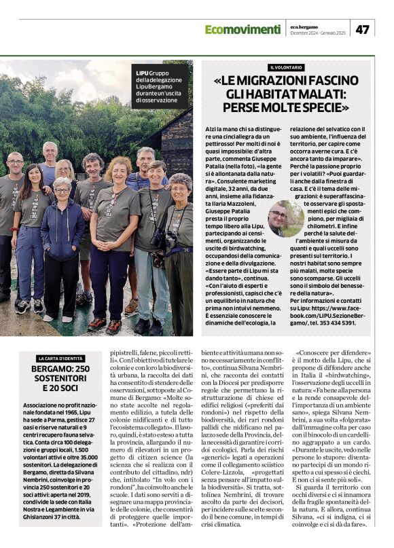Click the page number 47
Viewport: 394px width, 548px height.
pyautogui.click(x=363, y=29)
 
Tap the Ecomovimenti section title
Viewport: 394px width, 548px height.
pyautogui.click(x=243, y=29)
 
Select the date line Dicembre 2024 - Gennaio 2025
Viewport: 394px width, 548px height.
pyautogui.click(x=323, y=33)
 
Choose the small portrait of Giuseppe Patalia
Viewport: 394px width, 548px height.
pyautogui.click(x=285, y=219)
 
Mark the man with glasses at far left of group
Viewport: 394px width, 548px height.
pyautogui.click(x=14, y=197)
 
